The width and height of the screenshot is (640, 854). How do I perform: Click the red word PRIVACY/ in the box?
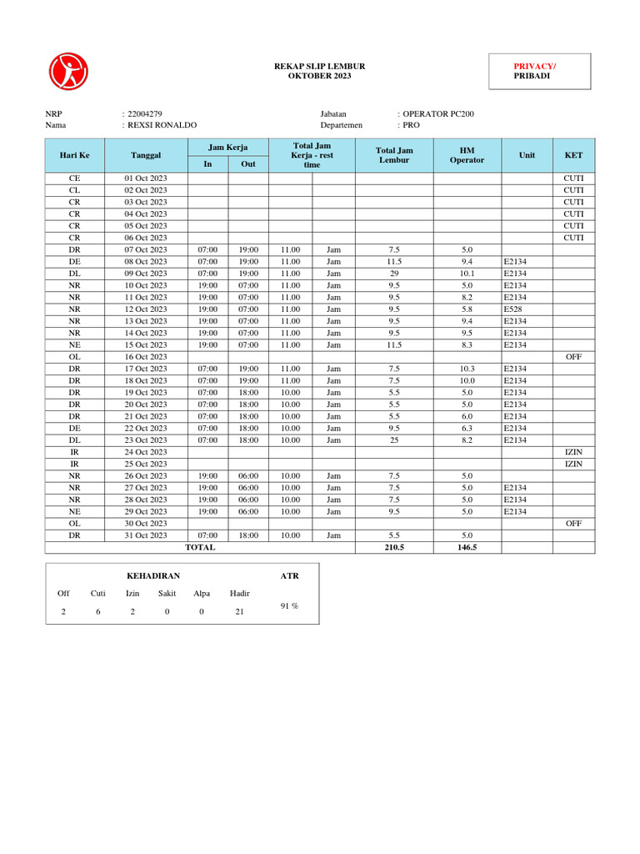[x=535, y=66]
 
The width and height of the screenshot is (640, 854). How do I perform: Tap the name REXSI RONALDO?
[x=162, y=125]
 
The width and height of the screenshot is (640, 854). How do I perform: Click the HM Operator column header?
[x=467, y=155]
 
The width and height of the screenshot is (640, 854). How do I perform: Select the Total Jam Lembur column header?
[x=394, y=155]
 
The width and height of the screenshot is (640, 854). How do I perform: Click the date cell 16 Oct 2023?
[x=146, y=356]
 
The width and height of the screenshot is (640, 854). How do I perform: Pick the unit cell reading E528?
[x=512, y=309]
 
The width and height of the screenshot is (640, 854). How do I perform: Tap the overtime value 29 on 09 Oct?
[x=394, y=273]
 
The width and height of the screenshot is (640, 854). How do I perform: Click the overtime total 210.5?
[x=394, y=547]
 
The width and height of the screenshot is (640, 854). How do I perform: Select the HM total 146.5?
[x=467, y=547]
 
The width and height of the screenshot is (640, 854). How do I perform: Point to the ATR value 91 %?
[x=289, y=606]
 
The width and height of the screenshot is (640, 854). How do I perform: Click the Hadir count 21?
[x=239, y=612]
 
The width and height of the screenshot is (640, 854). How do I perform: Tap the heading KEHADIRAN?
[x=152, y=575]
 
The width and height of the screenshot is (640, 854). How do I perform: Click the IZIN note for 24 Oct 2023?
[x=573, y=451]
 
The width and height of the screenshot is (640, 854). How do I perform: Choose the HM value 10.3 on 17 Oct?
[x=467, y=368]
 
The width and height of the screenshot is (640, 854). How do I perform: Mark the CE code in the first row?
[x=74, y=178]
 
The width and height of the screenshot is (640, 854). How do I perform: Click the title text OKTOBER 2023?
[x=319, y=76]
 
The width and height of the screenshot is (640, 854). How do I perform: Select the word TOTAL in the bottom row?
[x=200, y=547]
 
